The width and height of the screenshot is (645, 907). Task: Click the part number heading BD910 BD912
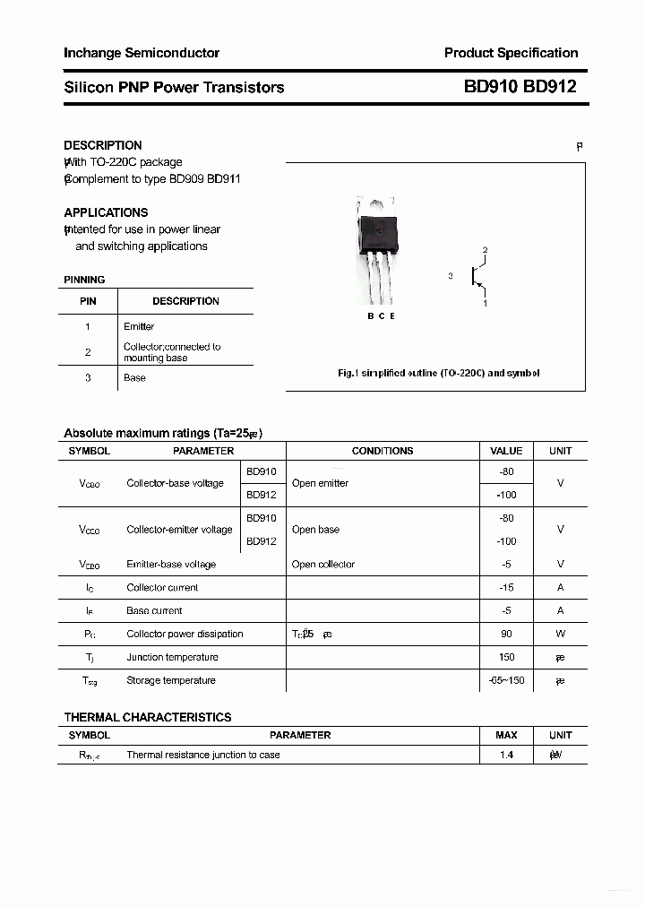point(520,87)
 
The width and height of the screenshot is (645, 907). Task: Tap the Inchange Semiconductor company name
point(142,53)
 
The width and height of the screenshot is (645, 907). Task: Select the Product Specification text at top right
point(511,53)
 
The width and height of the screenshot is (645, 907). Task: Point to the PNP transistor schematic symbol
point(477,277)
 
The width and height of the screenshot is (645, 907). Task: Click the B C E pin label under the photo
point(381,316)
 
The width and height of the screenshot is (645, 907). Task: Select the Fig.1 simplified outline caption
point(438,373)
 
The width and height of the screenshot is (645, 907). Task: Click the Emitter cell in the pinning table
point(139,326)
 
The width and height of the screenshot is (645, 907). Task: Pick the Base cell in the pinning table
point(134,377)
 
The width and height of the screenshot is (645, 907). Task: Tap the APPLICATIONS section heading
point(106,212)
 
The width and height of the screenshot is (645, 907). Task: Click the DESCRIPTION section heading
point(103,145)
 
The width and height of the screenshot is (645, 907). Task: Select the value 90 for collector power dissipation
point(506,634)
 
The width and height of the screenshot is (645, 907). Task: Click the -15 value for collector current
point(506,587)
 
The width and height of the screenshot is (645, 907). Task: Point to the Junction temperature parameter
point(172,657)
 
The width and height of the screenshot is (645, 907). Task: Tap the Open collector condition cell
point(322,564)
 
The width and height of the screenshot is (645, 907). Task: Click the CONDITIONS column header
point(383,451)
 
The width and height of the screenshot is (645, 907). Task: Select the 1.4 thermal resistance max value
point(506,755)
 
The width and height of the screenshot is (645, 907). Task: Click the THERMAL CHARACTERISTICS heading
point(148,717)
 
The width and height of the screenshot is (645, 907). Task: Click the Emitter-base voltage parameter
point(171,564)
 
